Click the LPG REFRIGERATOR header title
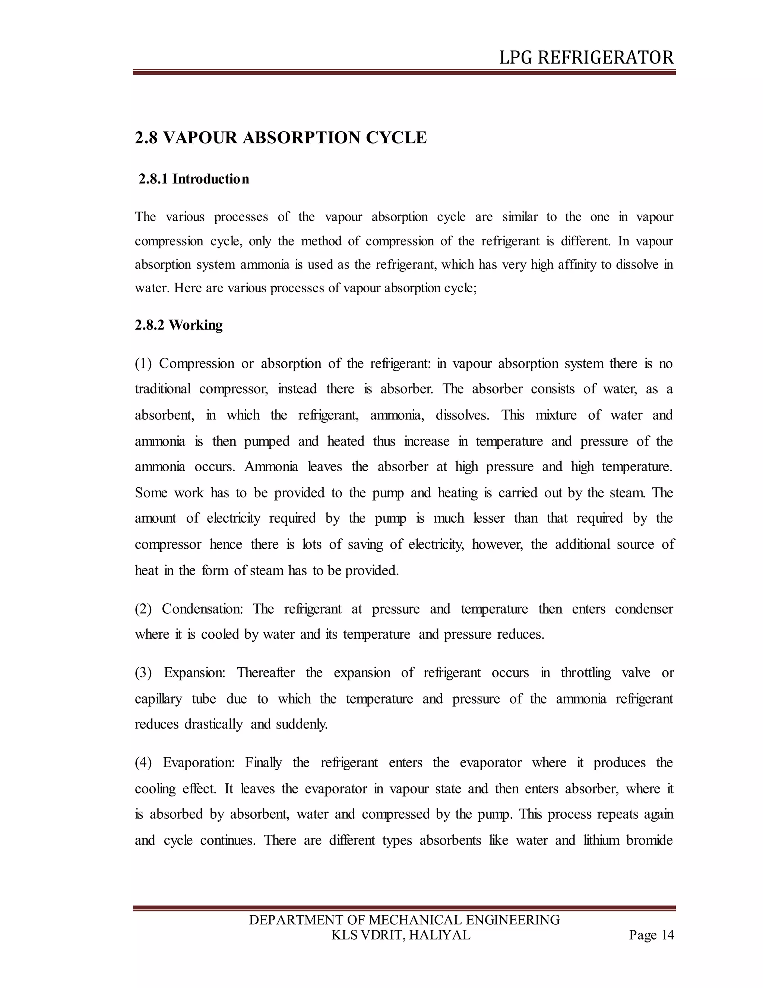point(586,58)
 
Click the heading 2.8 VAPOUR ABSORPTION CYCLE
point(281,138)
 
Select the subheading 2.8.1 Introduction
point(194,179)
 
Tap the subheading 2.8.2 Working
point(179,325)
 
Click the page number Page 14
point(651,935)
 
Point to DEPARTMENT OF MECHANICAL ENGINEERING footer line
point(404,920)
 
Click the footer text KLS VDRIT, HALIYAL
point(401,935)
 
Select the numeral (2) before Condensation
point(144,608)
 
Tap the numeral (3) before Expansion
point(144,673)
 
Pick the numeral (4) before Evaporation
point(144,762)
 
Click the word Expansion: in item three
point(195,673)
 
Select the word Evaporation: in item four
point(199,762)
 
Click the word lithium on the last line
point(601,840)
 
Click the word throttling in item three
point(586,673)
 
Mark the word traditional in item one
point(163,389)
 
